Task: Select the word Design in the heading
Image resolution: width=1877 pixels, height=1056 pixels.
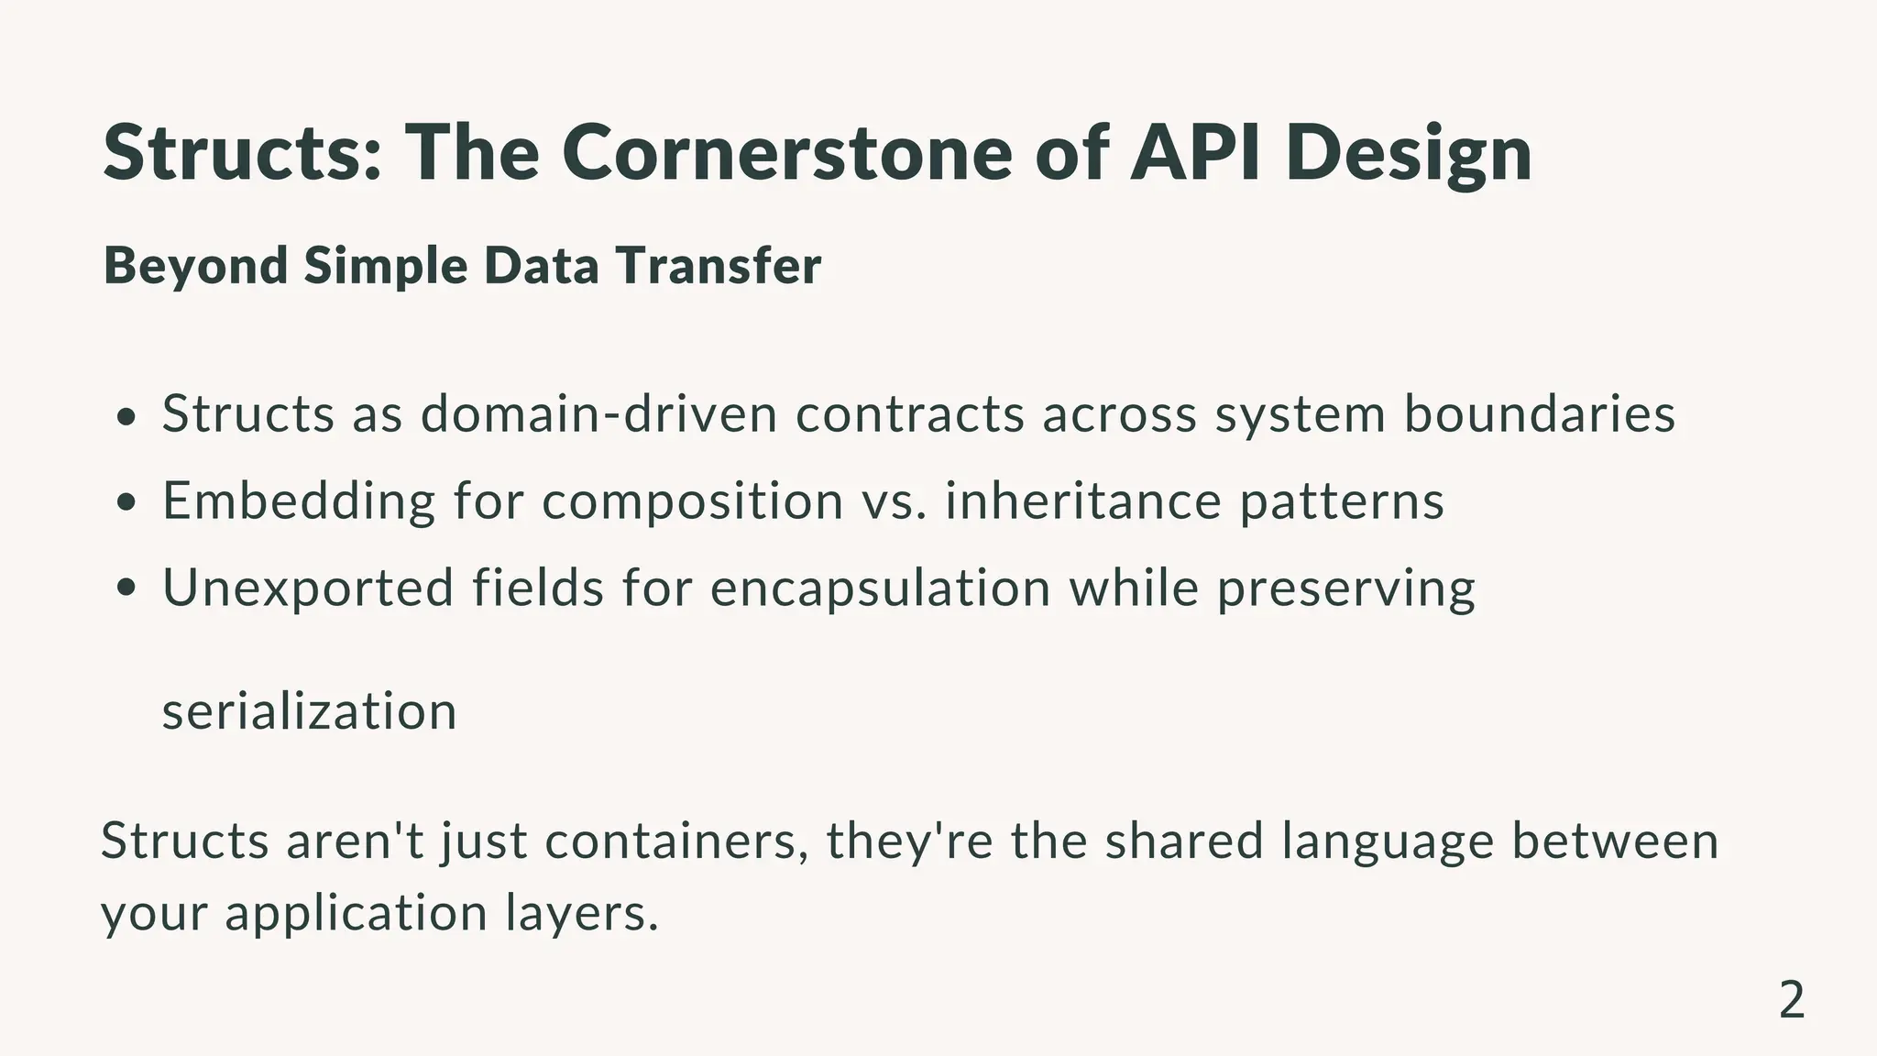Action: pyautogui.click(x=1408, y=154)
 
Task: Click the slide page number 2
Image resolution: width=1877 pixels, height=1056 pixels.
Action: pyautogui.click(x=1791, y=1000)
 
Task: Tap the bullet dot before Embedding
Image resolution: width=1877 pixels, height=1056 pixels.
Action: pyautogui.click(x=127, y=503)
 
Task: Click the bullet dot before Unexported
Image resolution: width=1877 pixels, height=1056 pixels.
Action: pyautogui.click(x=127, y=589)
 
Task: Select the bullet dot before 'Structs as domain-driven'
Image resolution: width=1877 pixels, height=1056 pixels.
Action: pyautogui.click(x=127, y=417)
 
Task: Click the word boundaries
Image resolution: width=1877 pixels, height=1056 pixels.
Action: pyautogui.click(x=1540, y=413)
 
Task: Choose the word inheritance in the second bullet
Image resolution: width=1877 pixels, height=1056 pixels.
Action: pyautogui.click(x=1083, y=500)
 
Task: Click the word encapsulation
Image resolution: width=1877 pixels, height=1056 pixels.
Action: pyautogui.click(x=880, y=588)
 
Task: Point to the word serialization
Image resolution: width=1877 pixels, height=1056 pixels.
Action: pyautogui.click(x=310, y=711)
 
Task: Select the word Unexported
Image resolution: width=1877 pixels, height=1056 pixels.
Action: pyautogui.click(x=308, y=588)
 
